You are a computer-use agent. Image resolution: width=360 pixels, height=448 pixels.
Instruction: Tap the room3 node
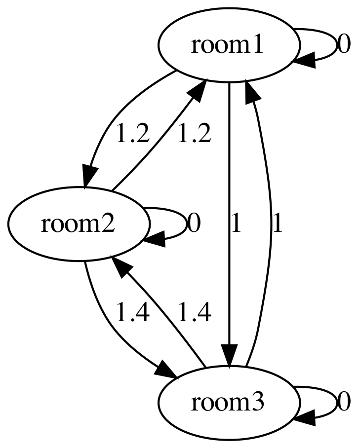[229, 403]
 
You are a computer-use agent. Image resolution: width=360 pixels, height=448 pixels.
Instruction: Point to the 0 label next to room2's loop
[194, 224]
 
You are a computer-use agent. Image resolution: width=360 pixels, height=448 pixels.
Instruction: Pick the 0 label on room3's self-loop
[344, 403]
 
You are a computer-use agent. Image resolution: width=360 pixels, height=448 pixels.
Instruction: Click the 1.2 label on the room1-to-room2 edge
[132, 134]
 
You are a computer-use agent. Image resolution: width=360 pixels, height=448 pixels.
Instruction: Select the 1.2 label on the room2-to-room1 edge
[195, 134]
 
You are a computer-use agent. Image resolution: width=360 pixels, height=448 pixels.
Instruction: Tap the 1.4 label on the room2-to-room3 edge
[132, 313]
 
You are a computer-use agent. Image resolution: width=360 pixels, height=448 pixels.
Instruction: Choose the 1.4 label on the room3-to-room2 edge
[195, 313]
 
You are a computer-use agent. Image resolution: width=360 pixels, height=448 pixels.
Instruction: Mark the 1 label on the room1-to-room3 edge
[236, 224]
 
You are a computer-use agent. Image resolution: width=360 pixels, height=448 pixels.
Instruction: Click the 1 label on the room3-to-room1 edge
[278, 224]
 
